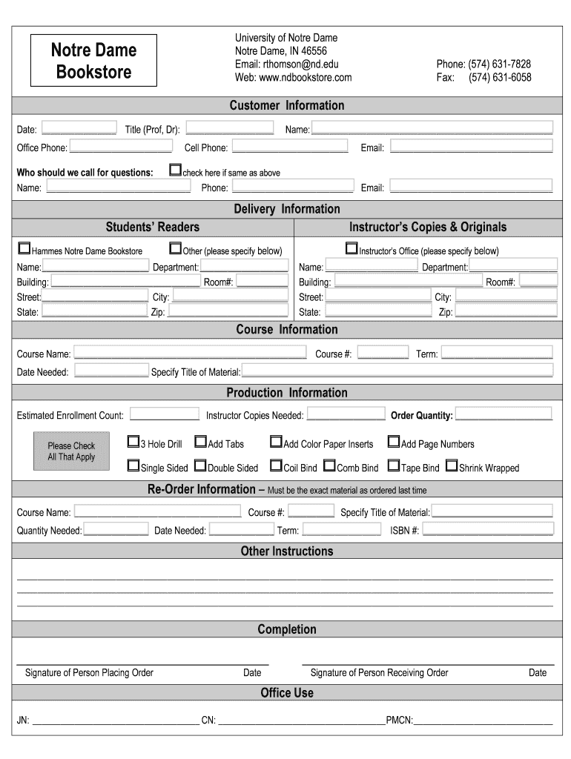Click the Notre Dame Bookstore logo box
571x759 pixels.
pyautogui.click(x=93, y=61)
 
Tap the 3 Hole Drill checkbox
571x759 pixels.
pyautogui.click(x=133, y=443)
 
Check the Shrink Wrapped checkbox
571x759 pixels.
pyautogui.click(x=452, y=466)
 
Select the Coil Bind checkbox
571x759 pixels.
pyautogui.click(x=276, y=466)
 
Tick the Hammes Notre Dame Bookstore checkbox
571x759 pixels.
pyautogui.click(x=24, y=249)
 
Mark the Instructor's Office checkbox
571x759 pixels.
pyautogui.click(x=351, y=249)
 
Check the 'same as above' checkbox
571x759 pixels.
pyautogui.click(x=175, y=170)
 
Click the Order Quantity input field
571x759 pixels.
pyautogui.click(x=504, y=414)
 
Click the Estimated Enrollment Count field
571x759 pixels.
pyautogui.click(x=165, y=414)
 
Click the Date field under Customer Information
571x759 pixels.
pyautogui.click(x=79, y=128)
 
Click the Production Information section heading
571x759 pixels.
pyautogui.click(x=286, y=393)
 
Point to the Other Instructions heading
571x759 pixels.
pyautogui.click(x=286, y=551)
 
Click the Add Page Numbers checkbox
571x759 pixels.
pyautogui.click(x=393, y=443)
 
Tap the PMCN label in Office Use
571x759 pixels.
pyautogui.click(x=399, y=720)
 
